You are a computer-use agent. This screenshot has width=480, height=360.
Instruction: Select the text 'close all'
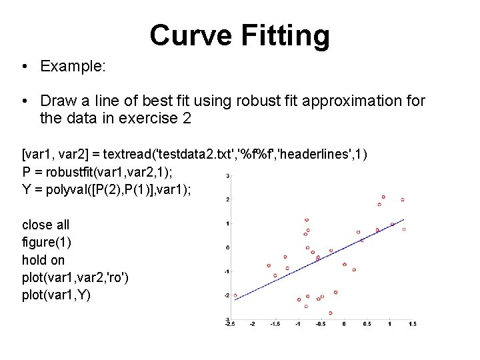(45, 225)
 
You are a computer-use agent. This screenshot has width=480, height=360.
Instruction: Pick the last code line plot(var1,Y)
(55, 294)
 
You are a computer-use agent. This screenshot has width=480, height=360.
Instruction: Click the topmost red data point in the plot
(383, 197)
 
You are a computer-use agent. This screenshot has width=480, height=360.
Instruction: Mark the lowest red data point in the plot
(330, 313)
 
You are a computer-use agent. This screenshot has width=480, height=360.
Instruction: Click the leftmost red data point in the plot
(235, 295)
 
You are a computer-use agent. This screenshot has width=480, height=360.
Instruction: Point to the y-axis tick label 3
(228, 176)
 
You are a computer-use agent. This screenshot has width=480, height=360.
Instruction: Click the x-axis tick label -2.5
(229, 325)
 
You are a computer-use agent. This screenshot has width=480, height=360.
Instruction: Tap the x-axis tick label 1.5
(412, 325)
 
